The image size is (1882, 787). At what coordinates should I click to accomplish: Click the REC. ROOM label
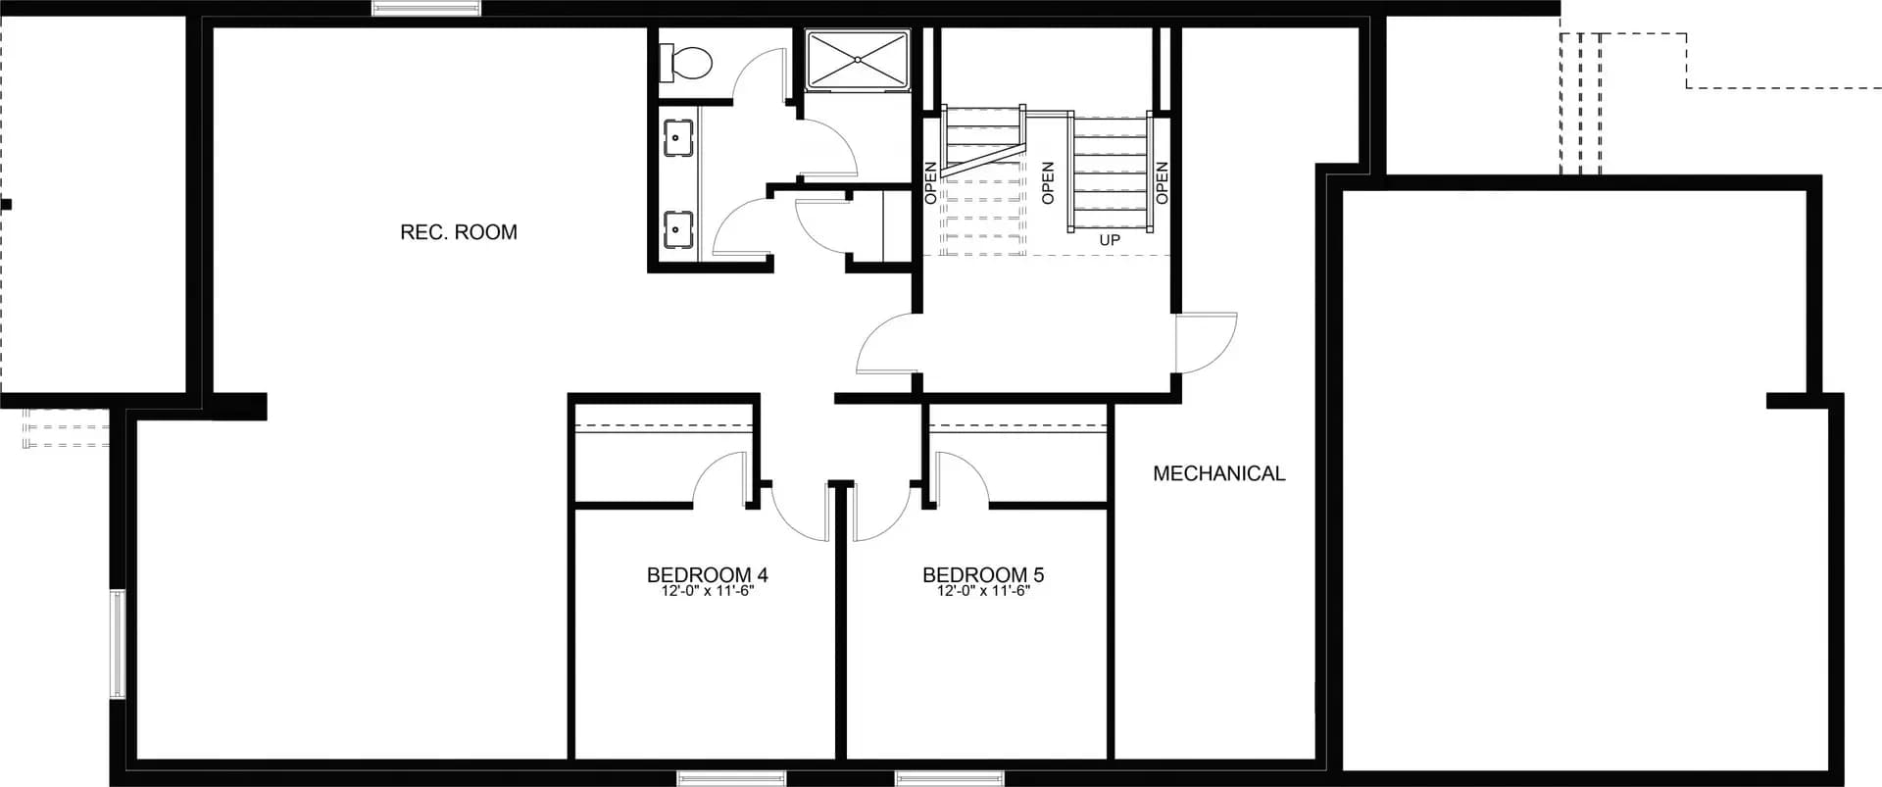tap(459, 232)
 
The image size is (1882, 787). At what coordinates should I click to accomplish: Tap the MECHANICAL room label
tap(1218, 473)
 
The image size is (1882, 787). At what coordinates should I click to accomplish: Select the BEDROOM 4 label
tap(707, 575)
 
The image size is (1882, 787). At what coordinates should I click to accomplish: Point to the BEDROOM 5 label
tap(983, 575)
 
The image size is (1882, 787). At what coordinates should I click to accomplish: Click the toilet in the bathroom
tap(688, 63)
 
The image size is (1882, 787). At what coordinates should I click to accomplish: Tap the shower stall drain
tap(858, 61)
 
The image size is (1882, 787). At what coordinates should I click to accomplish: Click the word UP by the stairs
tap(1110, 240)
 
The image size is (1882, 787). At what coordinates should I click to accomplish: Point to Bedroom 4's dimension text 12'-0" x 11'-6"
tap(707, 591)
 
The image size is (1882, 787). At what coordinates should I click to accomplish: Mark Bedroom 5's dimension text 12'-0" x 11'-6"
tap(983, 591)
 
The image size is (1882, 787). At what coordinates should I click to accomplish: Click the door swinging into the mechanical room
tap(1206, 343)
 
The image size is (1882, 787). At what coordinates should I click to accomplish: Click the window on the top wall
tap(426, 9)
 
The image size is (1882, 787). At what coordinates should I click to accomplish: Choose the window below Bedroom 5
tap(935, 779)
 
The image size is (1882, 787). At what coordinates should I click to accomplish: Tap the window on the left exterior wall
tap(117, 643)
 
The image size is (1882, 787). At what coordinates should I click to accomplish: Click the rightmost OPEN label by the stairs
tap(1162, 182)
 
